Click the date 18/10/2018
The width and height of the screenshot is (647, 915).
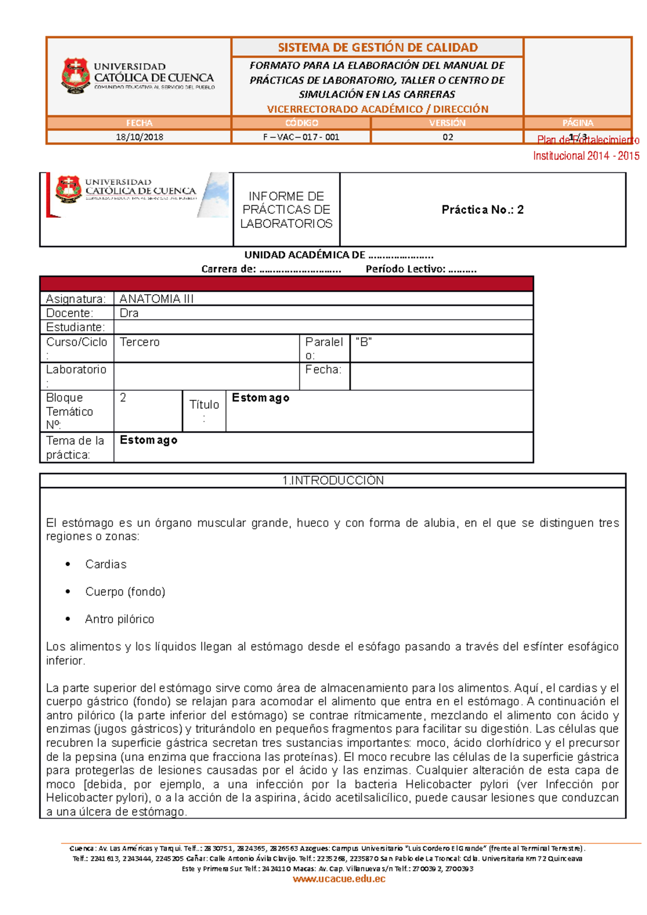[139, 137]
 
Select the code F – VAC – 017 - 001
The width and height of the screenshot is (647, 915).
[301, 137]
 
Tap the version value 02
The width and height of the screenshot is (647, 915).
[448, 137]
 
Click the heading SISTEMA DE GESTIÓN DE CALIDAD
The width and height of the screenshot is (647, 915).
[377, 47]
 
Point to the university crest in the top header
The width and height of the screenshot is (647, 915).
[75, 76]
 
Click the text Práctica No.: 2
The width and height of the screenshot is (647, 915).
[483, 210]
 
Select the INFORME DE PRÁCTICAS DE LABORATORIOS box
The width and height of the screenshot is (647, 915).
[286, 210]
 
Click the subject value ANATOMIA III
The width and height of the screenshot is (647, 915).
[156, 299]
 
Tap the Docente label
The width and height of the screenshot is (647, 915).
[70, 313]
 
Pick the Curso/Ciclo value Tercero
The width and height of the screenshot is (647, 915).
[140, 342]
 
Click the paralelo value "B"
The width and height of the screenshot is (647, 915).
[364, 342]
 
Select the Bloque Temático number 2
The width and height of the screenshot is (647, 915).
[123, 398]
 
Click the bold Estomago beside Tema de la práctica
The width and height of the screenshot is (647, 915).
[148, 440]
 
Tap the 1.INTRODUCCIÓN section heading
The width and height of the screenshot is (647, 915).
[333, 481]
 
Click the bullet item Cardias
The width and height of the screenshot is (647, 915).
[106, 564]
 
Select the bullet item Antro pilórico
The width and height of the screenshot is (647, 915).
[119, 619]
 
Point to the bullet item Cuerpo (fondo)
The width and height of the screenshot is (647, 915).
[125, 592]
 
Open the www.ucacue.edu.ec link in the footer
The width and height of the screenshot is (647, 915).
[339, 879]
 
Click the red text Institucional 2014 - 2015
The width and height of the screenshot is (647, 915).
[586, 156]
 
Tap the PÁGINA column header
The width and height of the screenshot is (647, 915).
[577, 123]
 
